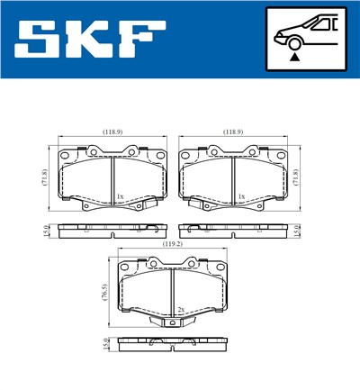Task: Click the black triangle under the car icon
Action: pyautogui.click(x=294, y=56)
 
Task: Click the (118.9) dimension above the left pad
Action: pyautogui.click(x=112, y=132)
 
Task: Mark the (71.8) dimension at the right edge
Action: pyautogui.click(x=299, y=177)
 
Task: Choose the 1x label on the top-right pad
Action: pyautogui.click(x=241, y=195)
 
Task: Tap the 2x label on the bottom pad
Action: pyautogui.click(x=180, y=309)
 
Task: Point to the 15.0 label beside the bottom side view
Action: pyautogui.click(x=105, y=343)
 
